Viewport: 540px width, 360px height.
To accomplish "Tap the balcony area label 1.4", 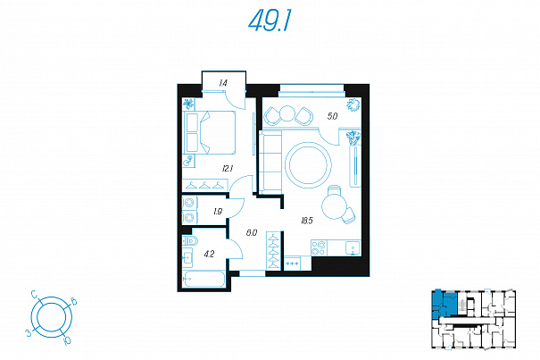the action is click(x=223, y=83).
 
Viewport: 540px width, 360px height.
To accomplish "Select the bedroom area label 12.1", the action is click(x=228, y=169).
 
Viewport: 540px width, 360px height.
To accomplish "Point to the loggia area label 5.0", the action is click(x=332, y=116).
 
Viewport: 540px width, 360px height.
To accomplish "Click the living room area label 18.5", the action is click(x=306, y=221).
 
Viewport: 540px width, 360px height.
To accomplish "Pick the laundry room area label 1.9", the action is click(x=218, y=212).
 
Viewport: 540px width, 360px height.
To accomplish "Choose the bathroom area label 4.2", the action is click(x=209, y=255).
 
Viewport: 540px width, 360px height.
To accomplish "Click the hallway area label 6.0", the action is click(x=252, y=233).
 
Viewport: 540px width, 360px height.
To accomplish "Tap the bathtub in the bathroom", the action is click(x=204, y=279).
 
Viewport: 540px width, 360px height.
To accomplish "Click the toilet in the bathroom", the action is click(x=190, y=240).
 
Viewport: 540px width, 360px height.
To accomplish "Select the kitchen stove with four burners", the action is click(x=319, y=248).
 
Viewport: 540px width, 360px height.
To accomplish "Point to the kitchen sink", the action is click(x=353, y=248).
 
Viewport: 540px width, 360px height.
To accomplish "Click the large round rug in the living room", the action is click(x=308, y=165).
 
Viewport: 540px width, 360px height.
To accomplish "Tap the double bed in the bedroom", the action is click(x=209, y=132).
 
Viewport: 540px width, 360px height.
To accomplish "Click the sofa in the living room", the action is click(x=270, y=162).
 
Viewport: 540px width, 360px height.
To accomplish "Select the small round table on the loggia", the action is click(x=287, y=113).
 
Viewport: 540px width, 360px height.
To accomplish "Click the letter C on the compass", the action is click(x=34, y=294).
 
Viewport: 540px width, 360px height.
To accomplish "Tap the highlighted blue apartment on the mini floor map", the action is click(x=444, y=305).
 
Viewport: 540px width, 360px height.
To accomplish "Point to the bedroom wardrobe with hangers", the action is click(x=205, y=185).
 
